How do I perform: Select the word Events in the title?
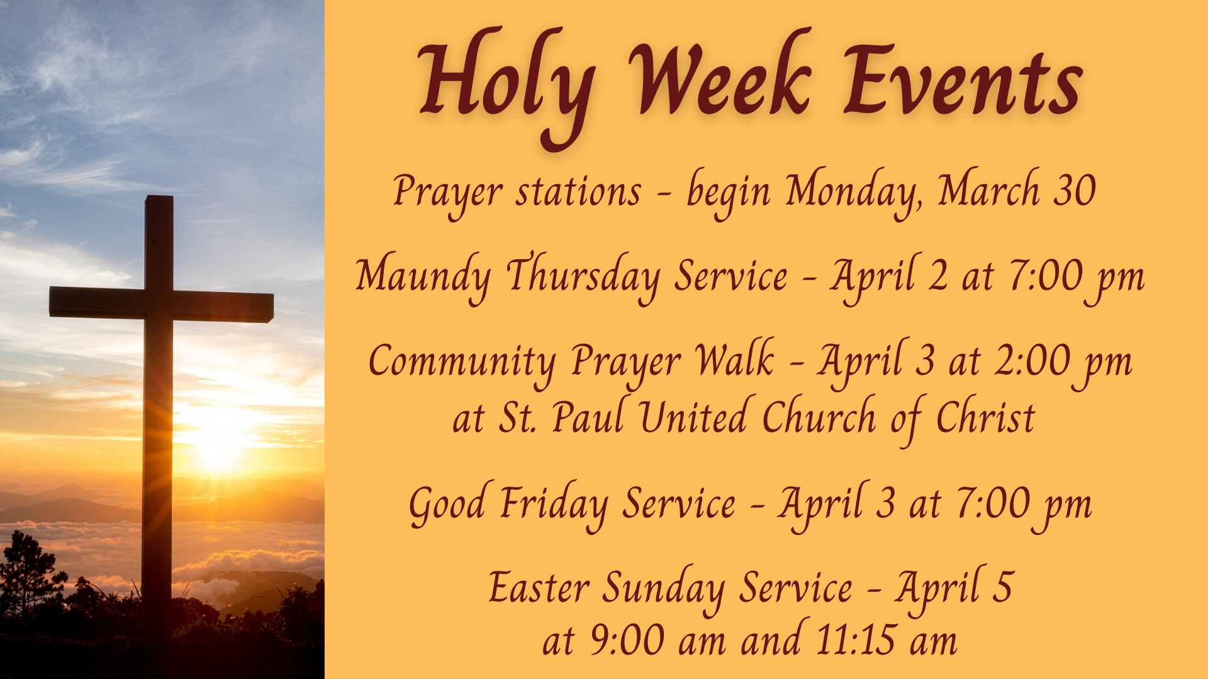[963, 80]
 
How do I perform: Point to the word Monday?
[854, 192]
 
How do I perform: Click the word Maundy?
[423, 277]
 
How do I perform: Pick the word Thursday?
[583, 277]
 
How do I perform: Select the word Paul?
[588, 416]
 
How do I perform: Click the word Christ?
[985, 416]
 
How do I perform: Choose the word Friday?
[554, 506]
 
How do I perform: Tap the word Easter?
[539, 588]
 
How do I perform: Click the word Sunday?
[664, 590]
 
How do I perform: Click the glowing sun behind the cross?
[217, 443]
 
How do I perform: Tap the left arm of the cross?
[97, 302]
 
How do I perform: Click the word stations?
[578, 192]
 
